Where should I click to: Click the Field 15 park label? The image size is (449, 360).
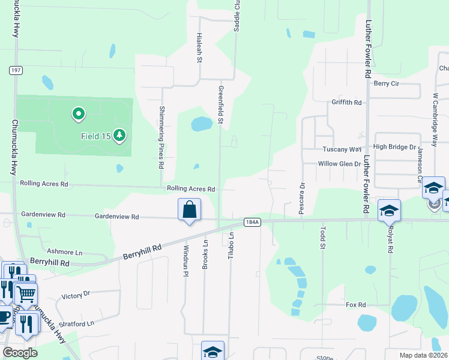tap(96, 136)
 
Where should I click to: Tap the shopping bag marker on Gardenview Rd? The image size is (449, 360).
tap(189, 210)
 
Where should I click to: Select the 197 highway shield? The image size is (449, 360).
tap(16, 71)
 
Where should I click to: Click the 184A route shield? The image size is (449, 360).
tap(252, 222)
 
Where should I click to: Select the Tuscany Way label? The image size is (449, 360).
tap(342, 149)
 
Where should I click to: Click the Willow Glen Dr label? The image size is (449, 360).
tap(340, 164)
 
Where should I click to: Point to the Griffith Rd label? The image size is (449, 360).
tap(347, 103)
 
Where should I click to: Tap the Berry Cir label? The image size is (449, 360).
tap(387, 83)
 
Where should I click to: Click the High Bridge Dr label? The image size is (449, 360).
tap(394, 146)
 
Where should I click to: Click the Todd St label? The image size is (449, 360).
tap(322, 237)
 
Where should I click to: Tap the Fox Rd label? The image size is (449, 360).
tap(355, 305)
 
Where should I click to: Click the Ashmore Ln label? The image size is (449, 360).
tap(64, 252)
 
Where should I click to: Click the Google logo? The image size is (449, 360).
tap(20, 353)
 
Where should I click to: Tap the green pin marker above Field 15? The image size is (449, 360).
tap(77, 113)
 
